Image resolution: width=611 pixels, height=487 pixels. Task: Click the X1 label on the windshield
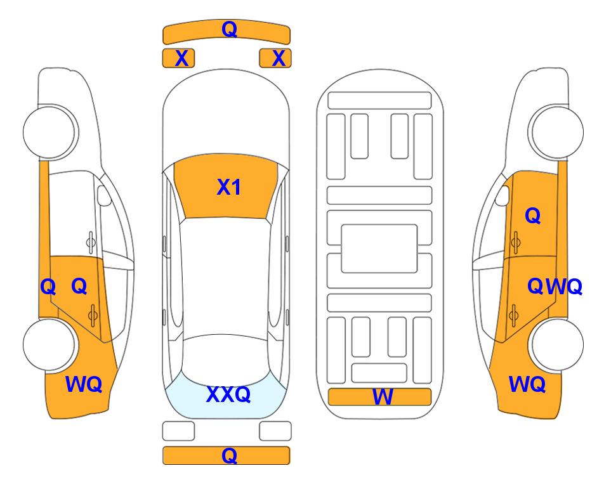coord(229,187)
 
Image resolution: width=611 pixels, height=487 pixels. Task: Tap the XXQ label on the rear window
coord(228,394)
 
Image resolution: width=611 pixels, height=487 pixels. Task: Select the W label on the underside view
coord(382,397)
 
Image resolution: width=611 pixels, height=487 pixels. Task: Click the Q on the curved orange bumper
coord(230,29)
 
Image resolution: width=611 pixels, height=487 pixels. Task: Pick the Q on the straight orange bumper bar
coord(230,455)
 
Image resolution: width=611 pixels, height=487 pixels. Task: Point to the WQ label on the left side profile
coord(84,384)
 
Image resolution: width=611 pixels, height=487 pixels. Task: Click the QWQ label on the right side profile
coord(555,287)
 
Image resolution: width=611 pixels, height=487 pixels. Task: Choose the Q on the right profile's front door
coord(533,216)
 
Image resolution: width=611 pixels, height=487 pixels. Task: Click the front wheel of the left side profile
coord(50,133)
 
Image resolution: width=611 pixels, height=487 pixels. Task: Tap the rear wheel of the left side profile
coord(49,345)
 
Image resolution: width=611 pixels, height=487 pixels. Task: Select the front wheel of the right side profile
coord(556,133)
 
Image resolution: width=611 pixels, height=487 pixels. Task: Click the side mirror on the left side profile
coord(104,195)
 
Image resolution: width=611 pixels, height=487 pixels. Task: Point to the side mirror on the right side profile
coord(503,195)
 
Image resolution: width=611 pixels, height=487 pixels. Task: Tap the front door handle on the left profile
coord(91,242)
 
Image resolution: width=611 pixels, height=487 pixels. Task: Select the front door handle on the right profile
coord(516,242)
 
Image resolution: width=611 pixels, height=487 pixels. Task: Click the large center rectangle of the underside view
coord(379,249)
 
